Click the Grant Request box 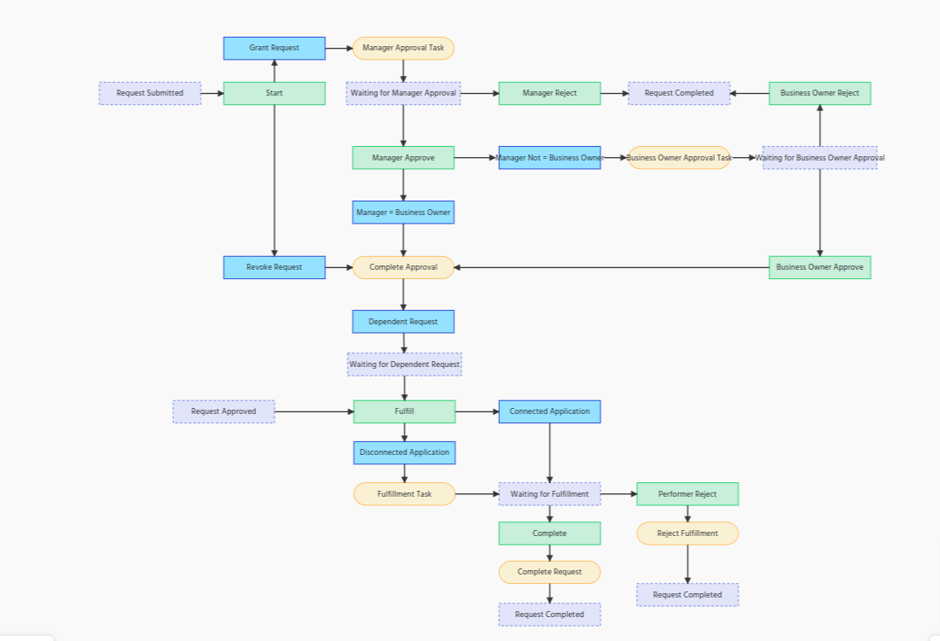274,48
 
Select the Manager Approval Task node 403,48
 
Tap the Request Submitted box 150,93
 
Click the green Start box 274,93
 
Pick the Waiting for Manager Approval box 403,93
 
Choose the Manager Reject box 549,93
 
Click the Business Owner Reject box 820,93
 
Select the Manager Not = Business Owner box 549,158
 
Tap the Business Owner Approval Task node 679,158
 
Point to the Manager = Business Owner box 403,213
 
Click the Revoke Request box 274,267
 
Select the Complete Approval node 403,267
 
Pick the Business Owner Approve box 820,267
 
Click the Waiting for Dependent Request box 404,364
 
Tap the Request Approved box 223,411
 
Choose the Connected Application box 549,411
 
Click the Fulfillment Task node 404,493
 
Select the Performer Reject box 688,493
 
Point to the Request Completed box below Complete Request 549,615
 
